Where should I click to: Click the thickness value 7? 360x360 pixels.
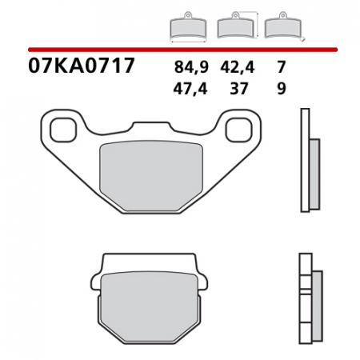click(x=281, y=68)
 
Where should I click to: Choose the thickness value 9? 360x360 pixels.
click(x=281, y=90)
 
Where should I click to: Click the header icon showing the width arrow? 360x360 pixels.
click(x=188, y=28)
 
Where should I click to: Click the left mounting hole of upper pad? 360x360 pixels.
click(x=62, y=127)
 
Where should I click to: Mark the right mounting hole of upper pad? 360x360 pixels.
click(x=238, y=127)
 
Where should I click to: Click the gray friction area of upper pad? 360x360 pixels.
click(x=150, y=171)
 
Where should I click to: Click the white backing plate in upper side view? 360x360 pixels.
click(x=304, y=160)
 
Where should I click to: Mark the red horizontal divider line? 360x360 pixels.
click(x=180, y=49)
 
